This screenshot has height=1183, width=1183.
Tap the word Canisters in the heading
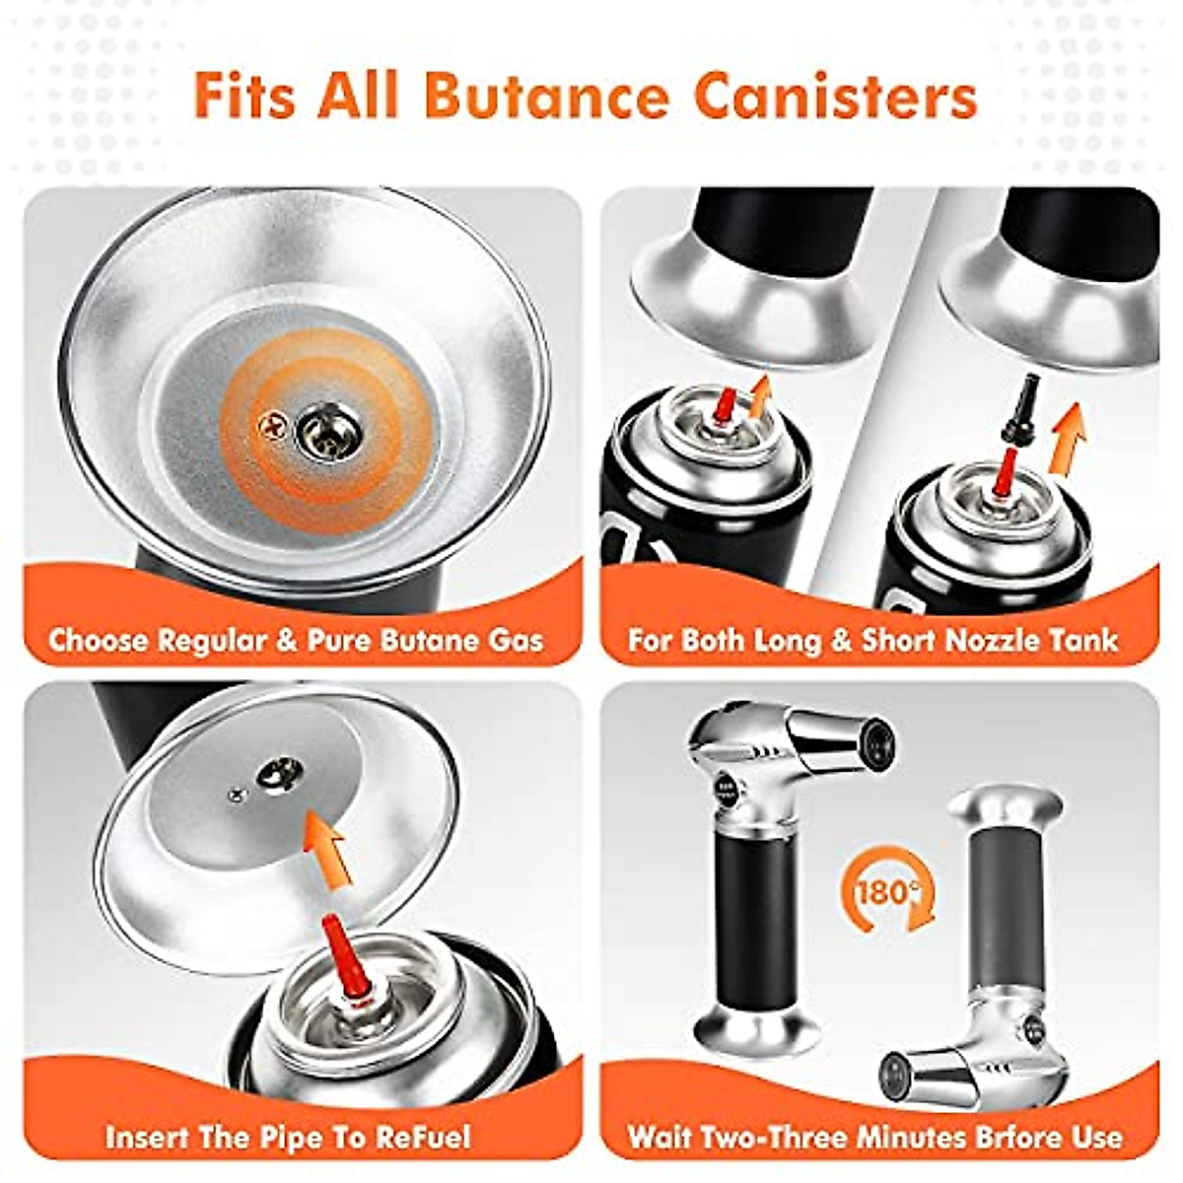pos(836,96)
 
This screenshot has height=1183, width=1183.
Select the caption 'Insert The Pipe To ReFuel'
pos(288,1137)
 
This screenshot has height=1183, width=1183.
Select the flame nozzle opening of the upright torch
pos(875,734)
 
